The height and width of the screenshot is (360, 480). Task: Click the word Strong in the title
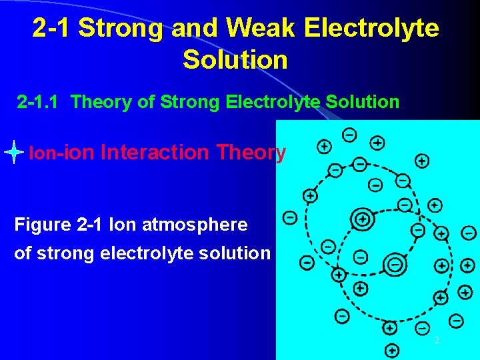pos(120,28)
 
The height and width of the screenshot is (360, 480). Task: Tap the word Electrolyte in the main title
pos(371,28)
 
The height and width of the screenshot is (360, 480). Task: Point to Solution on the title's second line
pos(235,59)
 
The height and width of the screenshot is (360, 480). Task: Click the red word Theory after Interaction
pos(251,153)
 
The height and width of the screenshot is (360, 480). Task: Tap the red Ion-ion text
pos(62,153)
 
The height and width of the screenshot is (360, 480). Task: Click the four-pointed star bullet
pos(14,153)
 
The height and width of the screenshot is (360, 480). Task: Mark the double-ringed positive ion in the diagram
pos(362,218)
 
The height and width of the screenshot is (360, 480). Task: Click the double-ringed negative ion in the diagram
pos(395,265)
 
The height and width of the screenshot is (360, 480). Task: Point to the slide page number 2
pos(437,341)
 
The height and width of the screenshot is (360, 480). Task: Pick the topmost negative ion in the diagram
pos(349,135)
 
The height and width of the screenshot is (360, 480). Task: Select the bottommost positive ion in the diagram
pos(392,350)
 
